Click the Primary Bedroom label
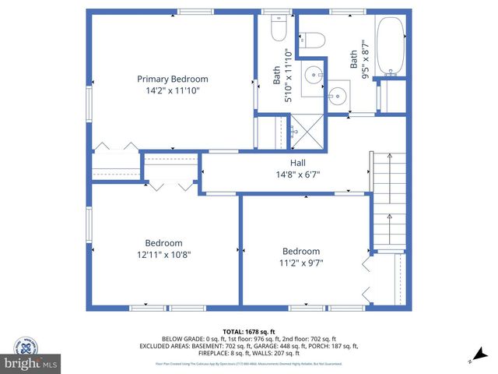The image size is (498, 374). coord(173,79)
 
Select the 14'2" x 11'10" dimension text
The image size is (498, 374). coord(173,90)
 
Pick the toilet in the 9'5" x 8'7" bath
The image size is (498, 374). coord(314,41)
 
